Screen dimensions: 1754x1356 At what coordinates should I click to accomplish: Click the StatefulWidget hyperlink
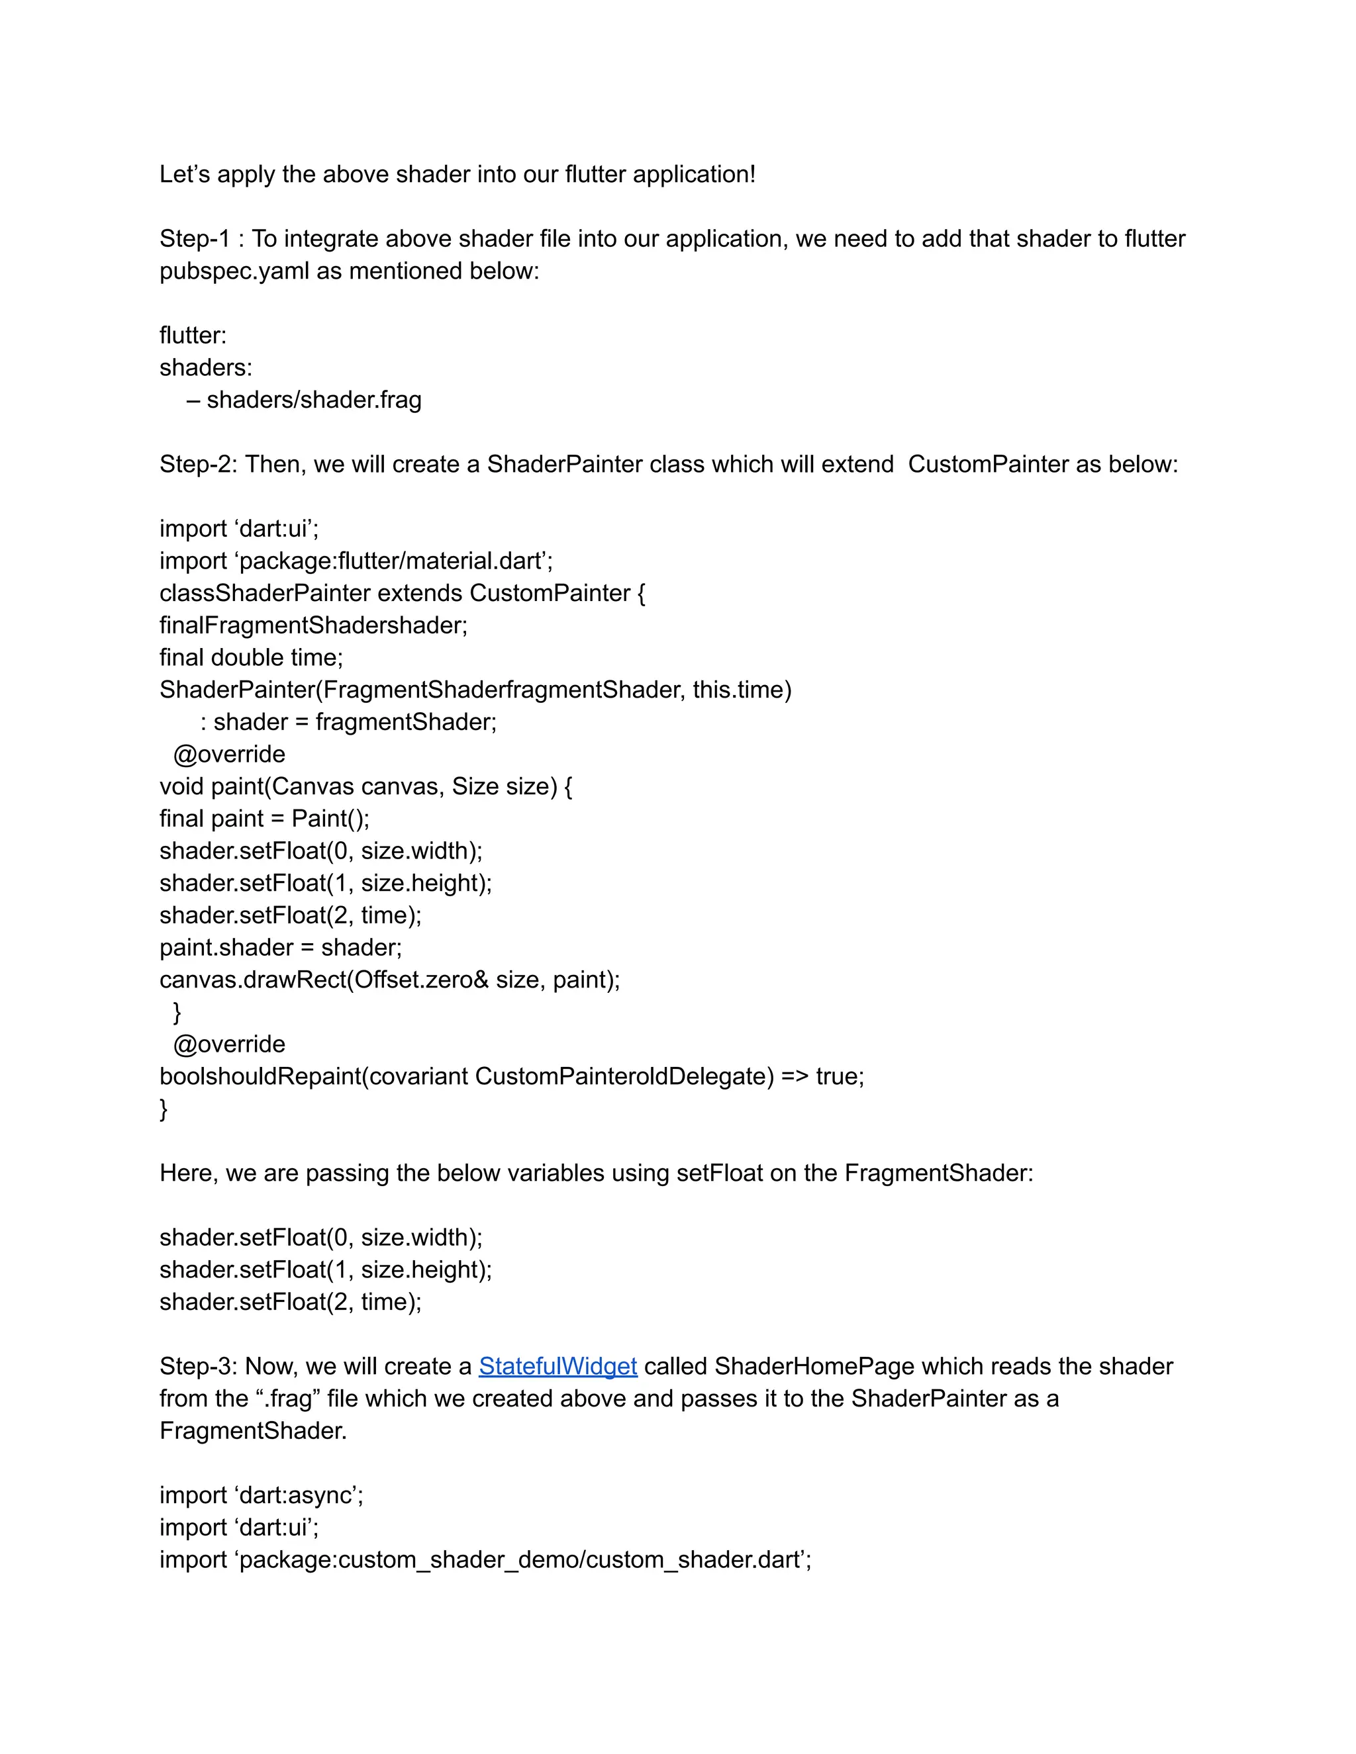click(x=557, y=1366)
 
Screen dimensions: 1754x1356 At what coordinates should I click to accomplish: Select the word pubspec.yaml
click(x=234, y=271)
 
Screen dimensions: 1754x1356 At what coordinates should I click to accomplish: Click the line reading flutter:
click(x=193, y=335)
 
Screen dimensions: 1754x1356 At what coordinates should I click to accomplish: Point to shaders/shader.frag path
click(x=313, y=399)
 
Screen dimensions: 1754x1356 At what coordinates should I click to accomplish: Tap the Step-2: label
click(x=197, y=464)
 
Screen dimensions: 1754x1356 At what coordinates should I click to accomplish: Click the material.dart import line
click(x=356, y=561)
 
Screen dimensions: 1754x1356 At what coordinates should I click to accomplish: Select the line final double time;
click(x=251, y=657)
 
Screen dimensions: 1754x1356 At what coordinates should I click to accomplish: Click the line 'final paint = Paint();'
click(x=264, y=818)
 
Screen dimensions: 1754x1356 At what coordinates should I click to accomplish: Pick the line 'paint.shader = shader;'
click(x=280, y=947)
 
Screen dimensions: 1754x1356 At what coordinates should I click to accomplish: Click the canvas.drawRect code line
click(x=389, y=979)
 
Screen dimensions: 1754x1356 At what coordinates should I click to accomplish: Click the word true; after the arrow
click(x=840, y=1076)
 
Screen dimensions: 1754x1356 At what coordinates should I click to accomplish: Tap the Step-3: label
click(x=197, y=1366)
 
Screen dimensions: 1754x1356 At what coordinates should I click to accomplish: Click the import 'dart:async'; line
click(x=261, y=1495)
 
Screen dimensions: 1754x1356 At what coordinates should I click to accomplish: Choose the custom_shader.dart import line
click(x=485, y=1559)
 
